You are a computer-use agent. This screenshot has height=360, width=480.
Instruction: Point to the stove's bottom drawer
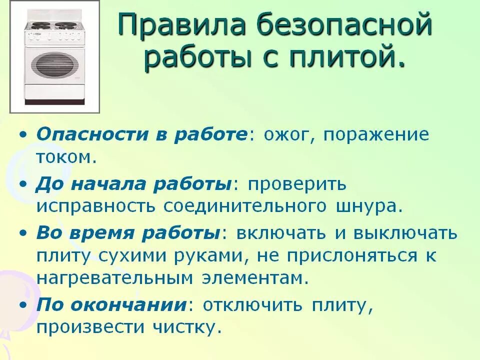(x=55, y=92)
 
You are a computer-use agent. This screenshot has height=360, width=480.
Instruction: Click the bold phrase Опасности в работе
(x=141, y=135)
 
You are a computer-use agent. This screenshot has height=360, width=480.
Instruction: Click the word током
(x=64, y=157)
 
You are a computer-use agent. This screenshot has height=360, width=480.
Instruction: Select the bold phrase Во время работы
(x=128, y=232)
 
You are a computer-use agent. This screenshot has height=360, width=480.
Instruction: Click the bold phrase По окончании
(x=110, y=304)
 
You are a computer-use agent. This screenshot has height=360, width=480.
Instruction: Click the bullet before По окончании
(x=24, y=305)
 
